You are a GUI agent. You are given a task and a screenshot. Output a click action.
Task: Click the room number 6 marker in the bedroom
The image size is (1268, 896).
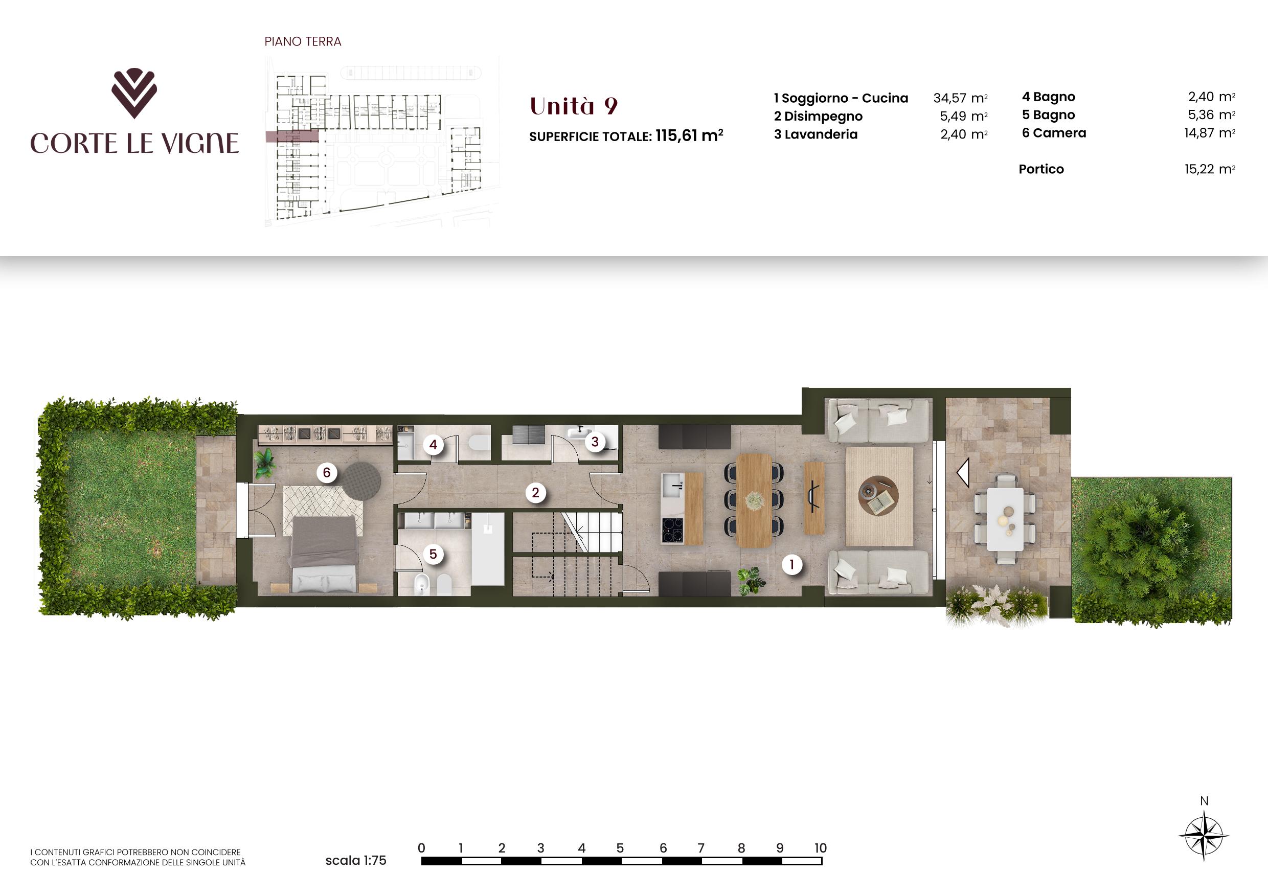pos(326,473)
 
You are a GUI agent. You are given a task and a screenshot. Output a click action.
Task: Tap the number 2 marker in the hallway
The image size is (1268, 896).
pos(535,492)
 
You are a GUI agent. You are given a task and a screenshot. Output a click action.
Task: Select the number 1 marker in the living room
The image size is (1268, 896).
pos(792,564)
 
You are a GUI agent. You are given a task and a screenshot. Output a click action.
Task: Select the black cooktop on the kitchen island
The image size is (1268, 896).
pos(673,531)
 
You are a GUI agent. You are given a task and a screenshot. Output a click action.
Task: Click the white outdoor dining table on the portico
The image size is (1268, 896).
pos(1005,519)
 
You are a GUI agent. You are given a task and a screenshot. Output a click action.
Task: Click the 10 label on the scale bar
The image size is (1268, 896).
pos(820,848)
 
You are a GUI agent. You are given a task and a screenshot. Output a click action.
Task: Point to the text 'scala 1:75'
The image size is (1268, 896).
pos(356,860)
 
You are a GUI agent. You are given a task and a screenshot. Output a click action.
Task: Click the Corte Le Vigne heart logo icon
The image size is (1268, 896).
pos(134,94)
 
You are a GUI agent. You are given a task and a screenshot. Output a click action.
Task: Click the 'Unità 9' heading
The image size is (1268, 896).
pos(573,106)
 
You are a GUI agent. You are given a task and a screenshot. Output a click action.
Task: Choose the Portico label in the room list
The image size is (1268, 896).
pos(1041,169)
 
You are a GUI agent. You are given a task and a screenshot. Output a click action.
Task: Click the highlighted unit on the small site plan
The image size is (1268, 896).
pos(292,137)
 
